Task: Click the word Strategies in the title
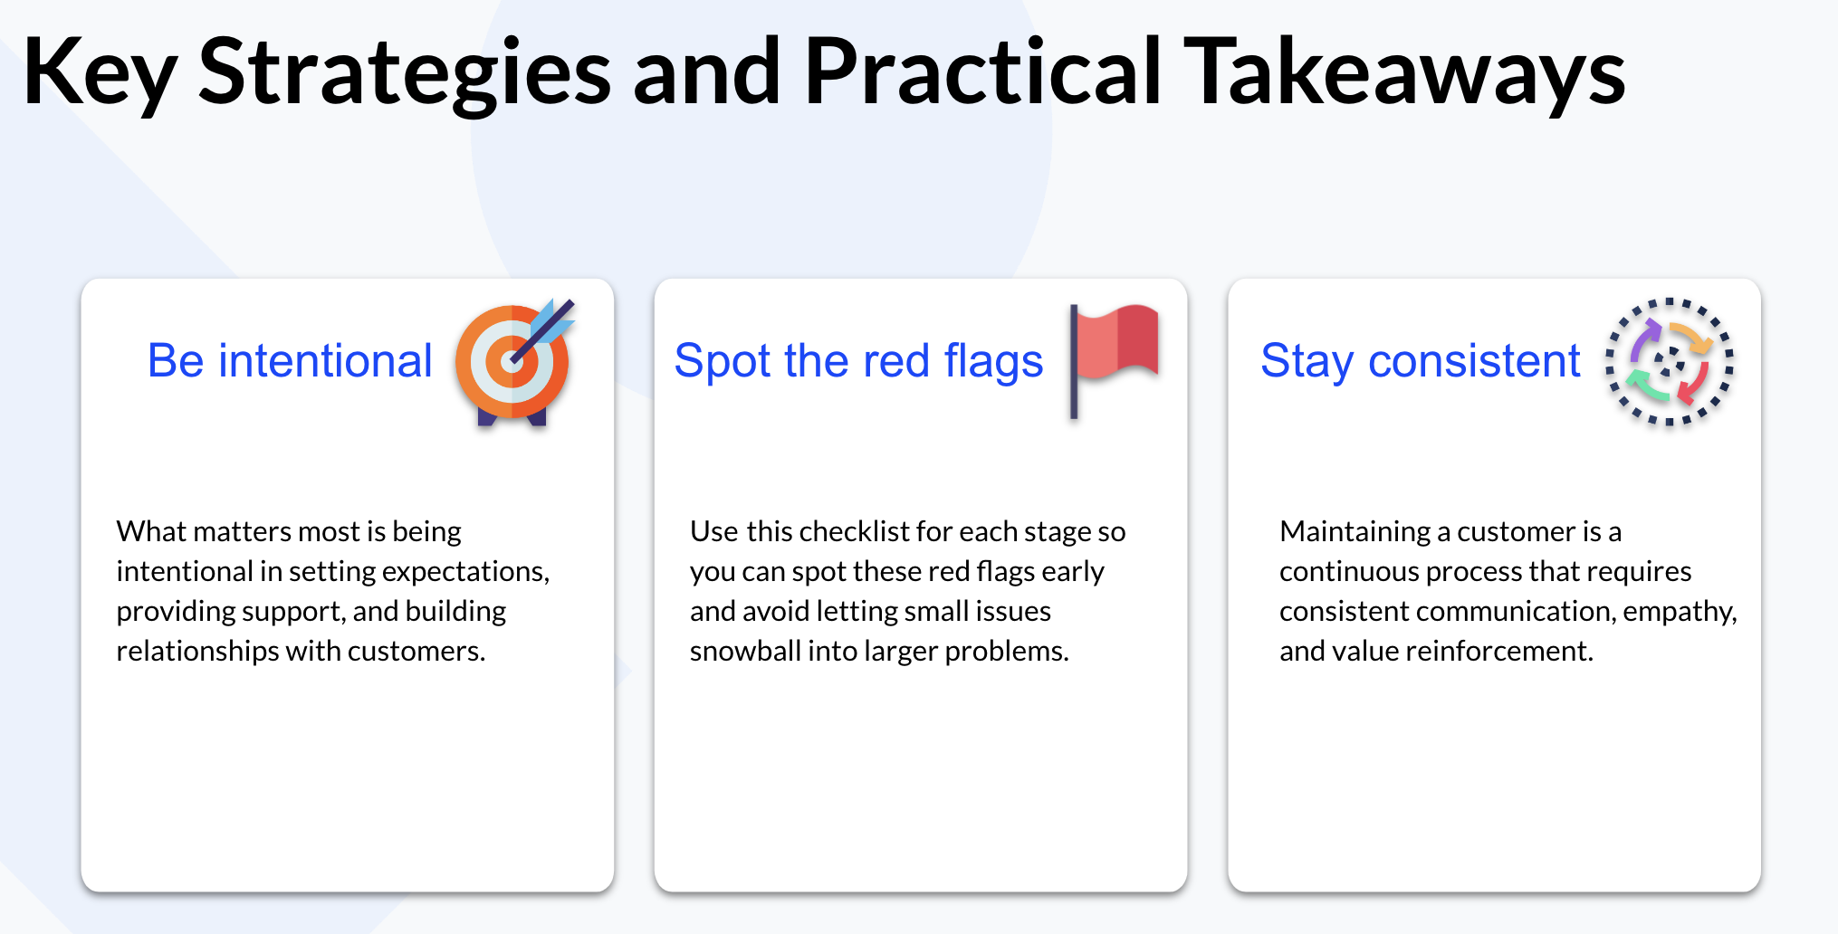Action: click(404, 72)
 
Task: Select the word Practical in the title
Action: click(981, 72)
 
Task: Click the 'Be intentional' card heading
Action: click(290, 361)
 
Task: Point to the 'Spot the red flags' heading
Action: click(858, 361)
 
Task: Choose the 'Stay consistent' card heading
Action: click(1420, 361)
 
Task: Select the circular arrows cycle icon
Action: click(1670, 362)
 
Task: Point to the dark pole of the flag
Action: click(1074, 362)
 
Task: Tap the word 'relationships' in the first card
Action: click(197, 652)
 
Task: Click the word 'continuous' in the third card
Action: click(1349, 572)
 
